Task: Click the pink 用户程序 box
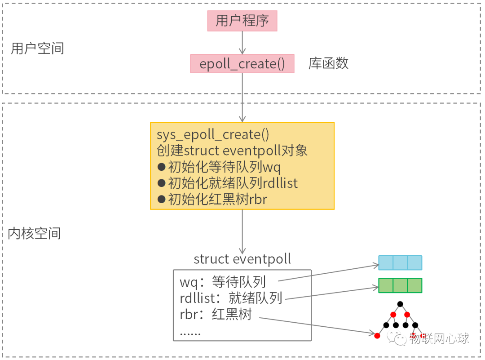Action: [x=242, y=21]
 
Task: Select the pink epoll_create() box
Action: [x=242, y=64]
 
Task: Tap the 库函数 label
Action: [x=328, y=63]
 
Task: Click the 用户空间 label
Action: [x=37, y=49]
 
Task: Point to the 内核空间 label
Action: [x=35, y=233]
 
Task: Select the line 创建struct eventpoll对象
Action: [x=232, y=151]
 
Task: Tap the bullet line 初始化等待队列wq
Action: [x=219, y=167]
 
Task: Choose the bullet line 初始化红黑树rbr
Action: [x=212, y=199]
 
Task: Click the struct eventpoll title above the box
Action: [x=242, y=259]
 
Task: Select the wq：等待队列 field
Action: [x=223, y=282]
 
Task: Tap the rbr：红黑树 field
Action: [x=216, y=314]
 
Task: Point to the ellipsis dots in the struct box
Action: [x=190, y=333]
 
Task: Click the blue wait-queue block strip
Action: [x=400, y=262]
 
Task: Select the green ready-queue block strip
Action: [x=400, y=285]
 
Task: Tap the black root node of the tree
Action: [x=400, y=304]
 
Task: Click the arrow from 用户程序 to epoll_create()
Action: [x=242, y=43]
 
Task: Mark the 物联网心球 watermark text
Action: [x=439, y=338]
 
